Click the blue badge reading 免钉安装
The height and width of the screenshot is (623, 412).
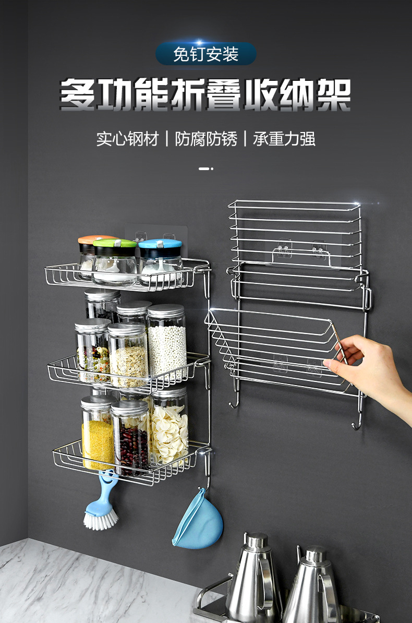pyautogui.click(x=206, y=54)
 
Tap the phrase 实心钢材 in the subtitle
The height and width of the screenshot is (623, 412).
pyautogui.click(x=127, y=139)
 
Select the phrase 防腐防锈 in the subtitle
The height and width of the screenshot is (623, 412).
pyautogui.click(x=206, y=139)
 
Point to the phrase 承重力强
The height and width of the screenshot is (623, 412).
pyautogui.click(x=284, y=139)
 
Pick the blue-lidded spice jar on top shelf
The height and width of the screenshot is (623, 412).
pyautogui.click(x=160, y=261)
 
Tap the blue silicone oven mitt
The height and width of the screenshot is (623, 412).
pyautogui.click(x=198, y=522)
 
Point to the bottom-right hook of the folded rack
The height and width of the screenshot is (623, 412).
pyautogui.click(x=357, y=423)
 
